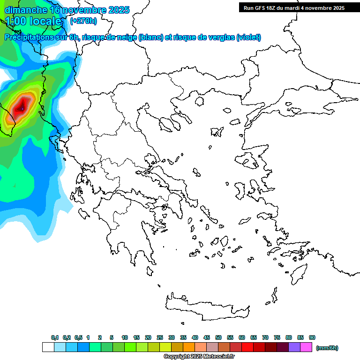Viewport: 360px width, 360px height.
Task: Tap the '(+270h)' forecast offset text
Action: click(x=83, y=21)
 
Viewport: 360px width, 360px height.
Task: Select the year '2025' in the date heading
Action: click(x=117, y=10)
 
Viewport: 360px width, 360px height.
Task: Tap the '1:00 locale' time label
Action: click(x=33, y=21)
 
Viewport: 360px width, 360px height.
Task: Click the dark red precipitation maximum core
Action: click(x=21, y=107)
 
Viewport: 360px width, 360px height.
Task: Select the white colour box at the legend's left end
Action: click(x=48, y=347)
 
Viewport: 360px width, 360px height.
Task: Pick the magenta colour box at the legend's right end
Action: click(x=306, y=347)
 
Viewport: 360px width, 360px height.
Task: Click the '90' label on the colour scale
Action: click(x=312, y=337)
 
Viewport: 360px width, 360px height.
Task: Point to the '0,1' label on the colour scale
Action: click(x=55, y=337)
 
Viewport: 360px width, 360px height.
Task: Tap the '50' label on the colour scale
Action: click(x=218, y=337)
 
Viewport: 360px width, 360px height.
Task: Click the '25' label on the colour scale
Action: click(x=160, y=337)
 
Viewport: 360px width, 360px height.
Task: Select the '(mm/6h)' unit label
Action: click(x=327, y=348)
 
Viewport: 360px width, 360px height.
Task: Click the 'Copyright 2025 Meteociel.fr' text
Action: click(x=199, y=357)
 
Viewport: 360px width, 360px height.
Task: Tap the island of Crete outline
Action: click(x=211, y=307)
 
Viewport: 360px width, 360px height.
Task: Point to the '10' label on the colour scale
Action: click(x=125, y=337)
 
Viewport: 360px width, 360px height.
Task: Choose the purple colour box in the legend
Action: click(x=294, y=347)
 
